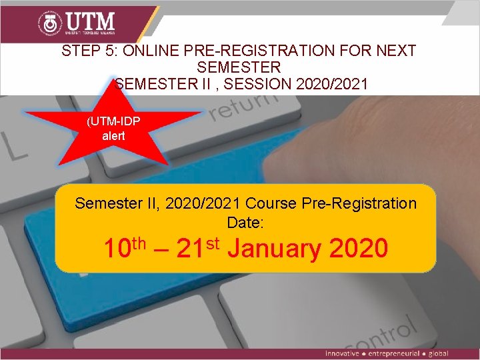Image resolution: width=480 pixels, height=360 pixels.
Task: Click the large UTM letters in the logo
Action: [89, 21]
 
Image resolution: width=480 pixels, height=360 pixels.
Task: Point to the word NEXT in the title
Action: [396, 51]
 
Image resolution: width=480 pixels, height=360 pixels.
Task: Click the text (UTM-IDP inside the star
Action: [113, 121]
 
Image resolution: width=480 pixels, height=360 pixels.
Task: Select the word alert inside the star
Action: [113, 135]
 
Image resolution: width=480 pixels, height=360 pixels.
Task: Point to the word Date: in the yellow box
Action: [245, 222]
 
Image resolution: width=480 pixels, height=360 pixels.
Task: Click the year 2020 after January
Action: [359, 248]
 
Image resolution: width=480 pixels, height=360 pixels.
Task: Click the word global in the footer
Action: [438, 353]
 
